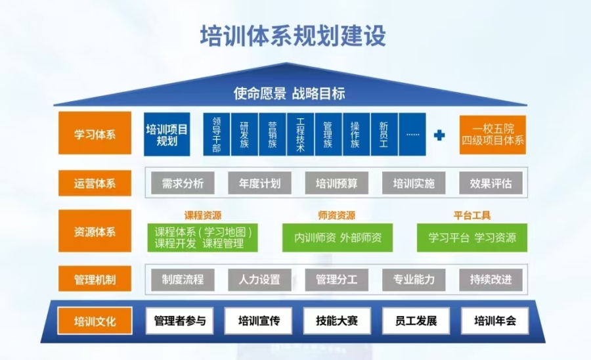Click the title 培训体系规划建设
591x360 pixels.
point(293,36)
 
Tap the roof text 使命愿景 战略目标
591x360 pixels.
point(289,93)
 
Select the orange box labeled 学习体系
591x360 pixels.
point(95,133)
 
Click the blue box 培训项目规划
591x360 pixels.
point(167,135)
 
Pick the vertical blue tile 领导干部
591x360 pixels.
point(217,134)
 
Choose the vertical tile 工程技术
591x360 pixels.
point(300,134)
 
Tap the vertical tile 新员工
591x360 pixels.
point(384,134)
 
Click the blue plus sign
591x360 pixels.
point(439,135)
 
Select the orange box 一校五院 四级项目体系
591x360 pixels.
point(492,135)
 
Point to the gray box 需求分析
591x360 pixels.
point(183,183)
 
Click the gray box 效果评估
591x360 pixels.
point(491,183)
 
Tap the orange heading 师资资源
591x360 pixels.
point(337,215)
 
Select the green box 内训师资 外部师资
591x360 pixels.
point(338,238)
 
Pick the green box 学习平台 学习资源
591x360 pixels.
point(472,238)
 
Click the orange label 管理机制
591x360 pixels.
point(95,279)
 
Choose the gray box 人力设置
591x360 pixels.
point(259,279)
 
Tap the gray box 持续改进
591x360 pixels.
point(491,279)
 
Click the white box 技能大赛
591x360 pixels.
point(337,321)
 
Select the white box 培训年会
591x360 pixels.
point(495,321)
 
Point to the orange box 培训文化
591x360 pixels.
point(95,321)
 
